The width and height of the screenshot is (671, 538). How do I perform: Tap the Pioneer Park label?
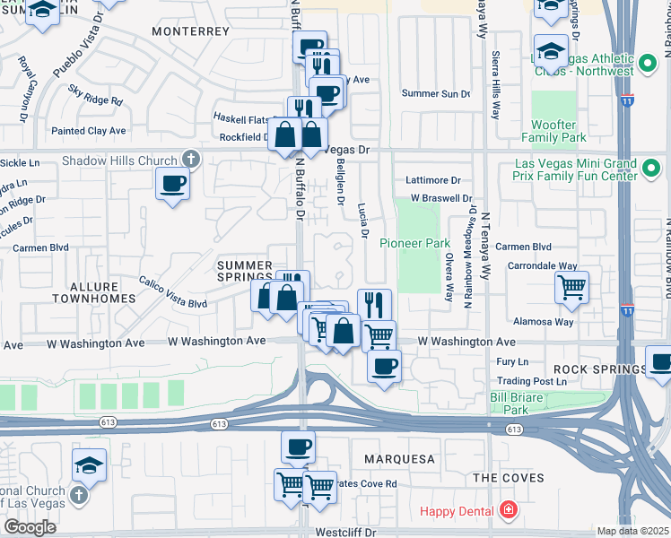414,243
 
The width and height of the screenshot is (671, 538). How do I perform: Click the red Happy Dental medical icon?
509,511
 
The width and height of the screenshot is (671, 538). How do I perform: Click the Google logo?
30,526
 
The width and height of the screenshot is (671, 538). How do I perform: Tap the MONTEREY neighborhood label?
191,31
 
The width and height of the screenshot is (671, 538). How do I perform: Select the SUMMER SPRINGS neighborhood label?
244,272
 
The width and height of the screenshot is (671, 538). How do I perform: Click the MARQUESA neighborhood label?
399,459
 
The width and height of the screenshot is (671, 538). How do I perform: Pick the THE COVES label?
509,478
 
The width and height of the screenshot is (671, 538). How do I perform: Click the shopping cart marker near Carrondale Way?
571,287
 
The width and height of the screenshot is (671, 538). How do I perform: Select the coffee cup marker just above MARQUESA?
299,446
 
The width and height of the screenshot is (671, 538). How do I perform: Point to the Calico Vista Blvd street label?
172,292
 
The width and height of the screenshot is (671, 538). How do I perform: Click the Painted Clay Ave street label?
89,131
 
